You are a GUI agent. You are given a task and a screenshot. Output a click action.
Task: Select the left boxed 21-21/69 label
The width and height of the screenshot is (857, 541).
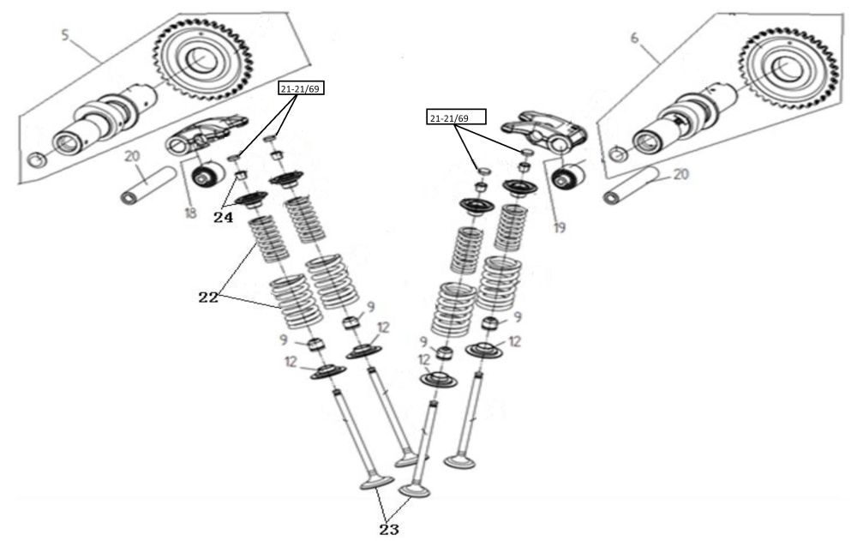coord(299,87)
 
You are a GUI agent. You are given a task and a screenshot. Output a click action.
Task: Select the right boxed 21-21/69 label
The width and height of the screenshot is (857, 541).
coord(455,117)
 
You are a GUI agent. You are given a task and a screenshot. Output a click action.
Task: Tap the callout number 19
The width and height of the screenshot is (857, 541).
coord(559,228)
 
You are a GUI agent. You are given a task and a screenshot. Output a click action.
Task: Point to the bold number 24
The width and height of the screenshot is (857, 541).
coord(223,218)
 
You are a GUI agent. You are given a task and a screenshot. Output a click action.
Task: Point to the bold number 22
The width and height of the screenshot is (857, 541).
coord(208,298)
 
